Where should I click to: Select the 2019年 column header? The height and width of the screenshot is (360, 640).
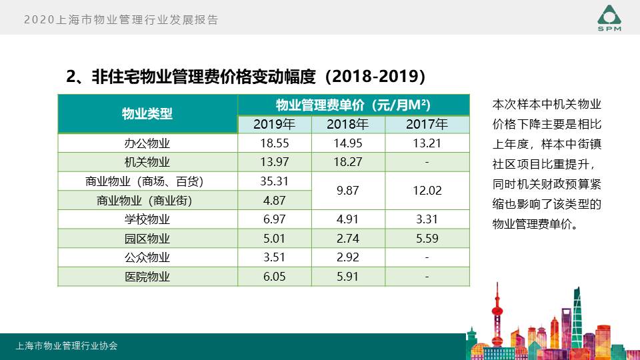(x=274, y=124)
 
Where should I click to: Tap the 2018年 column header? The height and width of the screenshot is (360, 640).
(x=347, y=124)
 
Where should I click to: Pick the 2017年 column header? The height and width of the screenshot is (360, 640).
(x=427, y=124)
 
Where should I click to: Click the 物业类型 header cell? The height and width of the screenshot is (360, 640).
(x=147, y=114)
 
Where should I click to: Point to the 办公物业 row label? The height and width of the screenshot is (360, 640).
(x=147, y=143)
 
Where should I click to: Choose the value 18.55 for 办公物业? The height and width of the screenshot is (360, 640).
(x=274, y=143)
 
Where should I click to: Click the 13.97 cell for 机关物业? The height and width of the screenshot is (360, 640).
(x=274, y=162)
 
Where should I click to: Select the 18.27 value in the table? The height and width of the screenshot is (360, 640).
(x=347, y=162)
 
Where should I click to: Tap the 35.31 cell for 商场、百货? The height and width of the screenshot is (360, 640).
(x=274, y=181)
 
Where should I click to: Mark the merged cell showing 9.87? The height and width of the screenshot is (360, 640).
(x=347, y=191)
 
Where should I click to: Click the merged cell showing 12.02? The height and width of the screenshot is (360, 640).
(x=427, y=191)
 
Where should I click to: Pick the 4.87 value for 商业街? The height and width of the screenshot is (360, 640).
(x=274, y=201)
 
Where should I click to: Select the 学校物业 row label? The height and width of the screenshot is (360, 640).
(x=147, y=219)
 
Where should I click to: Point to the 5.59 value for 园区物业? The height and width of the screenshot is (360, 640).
(x=427, y=239)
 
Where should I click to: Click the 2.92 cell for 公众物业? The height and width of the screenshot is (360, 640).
(x=347, y=257)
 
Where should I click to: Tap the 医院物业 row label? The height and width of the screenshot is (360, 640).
(x=147, y=277)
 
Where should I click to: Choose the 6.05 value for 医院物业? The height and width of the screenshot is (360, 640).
(x=274, y=277)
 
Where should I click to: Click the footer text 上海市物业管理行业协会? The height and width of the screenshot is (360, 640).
(x=67, y=346)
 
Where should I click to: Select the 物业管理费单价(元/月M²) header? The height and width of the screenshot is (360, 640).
(x=353, y=105)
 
